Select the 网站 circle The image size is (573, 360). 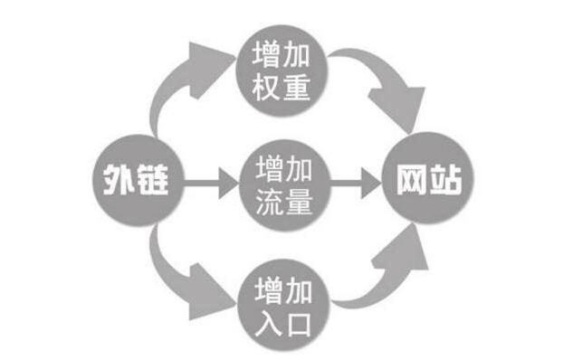point(429,181)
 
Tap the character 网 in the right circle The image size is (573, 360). point(412,181)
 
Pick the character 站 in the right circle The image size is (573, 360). point(446,181)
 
